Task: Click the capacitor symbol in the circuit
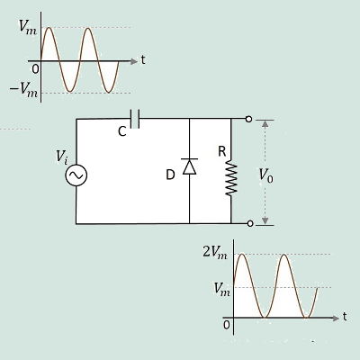135,119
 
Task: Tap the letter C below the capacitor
122,131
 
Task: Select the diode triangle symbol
190,166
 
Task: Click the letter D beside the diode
170,175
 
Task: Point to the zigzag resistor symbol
231,178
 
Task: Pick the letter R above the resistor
222,151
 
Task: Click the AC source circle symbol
76,175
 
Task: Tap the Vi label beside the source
62,157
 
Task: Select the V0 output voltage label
266,175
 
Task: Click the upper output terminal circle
248,119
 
